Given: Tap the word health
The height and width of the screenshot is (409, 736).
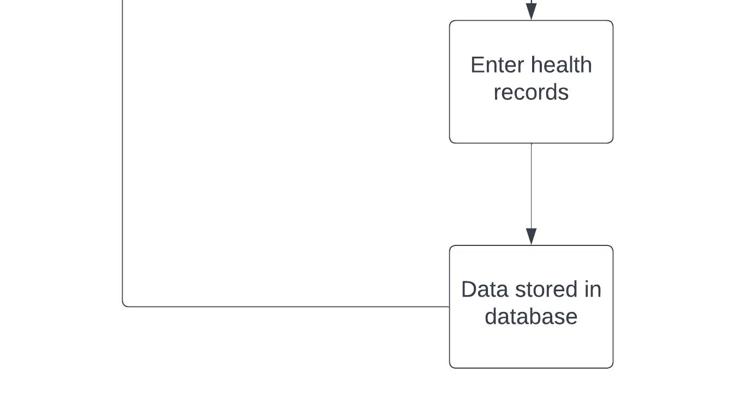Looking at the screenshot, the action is (562, 64).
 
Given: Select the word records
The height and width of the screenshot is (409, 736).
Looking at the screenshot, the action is (531, 92).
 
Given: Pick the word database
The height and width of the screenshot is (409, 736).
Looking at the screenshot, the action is (531, 317).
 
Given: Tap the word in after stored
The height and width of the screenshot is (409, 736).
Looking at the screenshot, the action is (593, 290).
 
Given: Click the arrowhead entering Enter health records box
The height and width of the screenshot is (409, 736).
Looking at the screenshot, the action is (532, 11).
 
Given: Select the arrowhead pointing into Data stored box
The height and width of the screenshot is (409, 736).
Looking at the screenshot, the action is (532, 236).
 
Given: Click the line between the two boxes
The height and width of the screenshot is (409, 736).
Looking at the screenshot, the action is (532, 194).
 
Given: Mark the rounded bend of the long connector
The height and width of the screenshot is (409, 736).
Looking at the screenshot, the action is (124, 305).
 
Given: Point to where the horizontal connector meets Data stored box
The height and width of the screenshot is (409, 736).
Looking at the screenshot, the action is (449, 306).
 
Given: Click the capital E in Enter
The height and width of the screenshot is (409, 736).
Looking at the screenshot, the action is (477, 65).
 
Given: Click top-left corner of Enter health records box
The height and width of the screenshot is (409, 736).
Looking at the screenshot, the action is (449, 20).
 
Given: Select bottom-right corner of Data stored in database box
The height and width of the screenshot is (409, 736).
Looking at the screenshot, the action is (613, 368).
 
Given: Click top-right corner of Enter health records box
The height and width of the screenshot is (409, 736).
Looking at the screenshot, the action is (613, 20).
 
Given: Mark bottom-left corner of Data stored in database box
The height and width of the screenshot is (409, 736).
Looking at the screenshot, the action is (449, 368).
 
